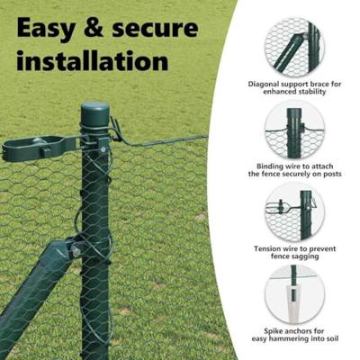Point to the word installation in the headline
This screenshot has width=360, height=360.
93,63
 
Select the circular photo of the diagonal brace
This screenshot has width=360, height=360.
294,46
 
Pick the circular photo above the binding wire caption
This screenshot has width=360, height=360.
294,130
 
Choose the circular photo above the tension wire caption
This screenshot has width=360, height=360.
294,213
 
